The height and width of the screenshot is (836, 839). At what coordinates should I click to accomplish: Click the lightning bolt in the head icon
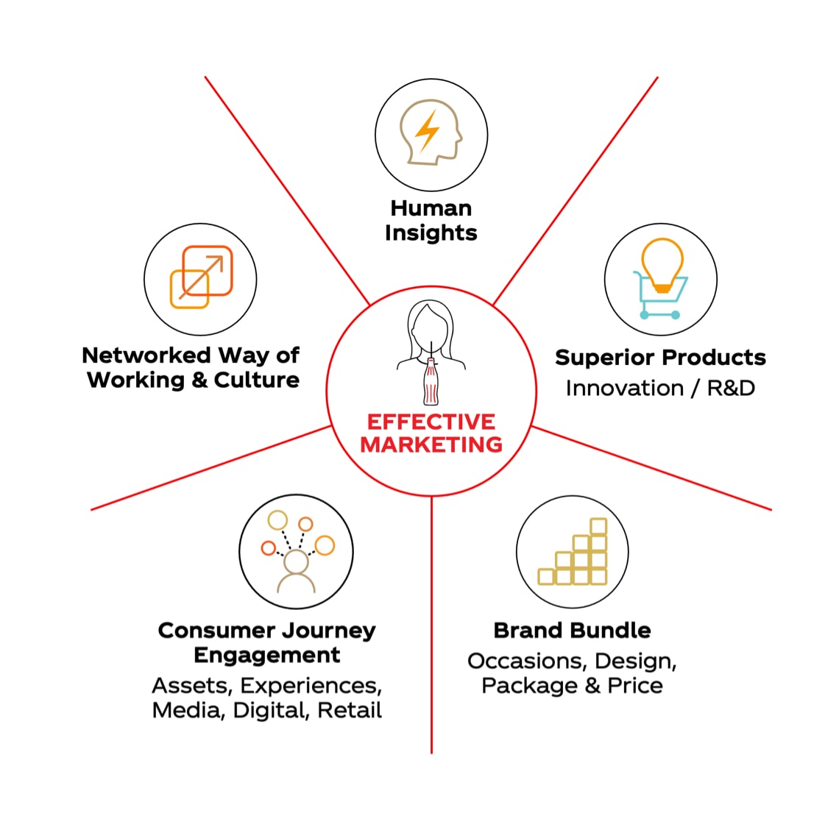pos(428,131)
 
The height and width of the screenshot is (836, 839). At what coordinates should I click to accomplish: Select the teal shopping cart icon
pos(659,297)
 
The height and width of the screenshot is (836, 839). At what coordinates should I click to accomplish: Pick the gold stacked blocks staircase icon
pos(573,558)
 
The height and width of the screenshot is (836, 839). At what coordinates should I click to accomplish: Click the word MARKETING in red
pos(431,444)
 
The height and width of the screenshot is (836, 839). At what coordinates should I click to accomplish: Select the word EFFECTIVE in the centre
pos(431,422)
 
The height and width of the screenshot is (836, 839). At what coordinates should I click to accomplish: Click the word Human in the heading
pos(431,208)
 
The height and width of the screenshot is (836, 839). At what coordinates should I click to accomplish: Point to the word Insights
pos(431,233)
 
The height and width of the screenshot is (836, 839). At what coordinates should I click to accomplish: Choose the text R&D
pos(731,388)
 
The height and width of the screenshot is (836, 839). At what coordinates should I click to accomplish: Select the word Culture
pos(257,380)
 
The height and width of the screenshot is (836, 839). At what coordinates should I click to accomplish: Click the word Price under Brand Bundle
pos(635,686)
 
